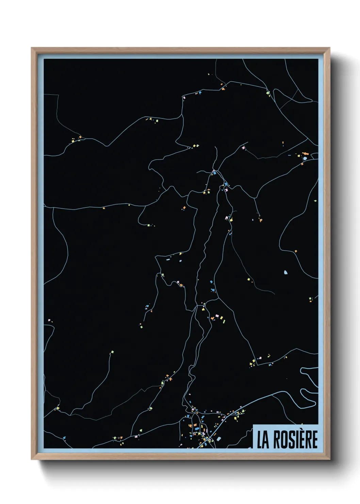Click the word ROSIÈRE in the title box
(293, 439)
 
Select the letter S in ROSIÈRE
(290, 439)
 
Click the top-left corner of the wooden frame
(32, 48)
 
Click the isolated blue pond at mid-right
(285, 272)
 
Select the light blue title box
(286, 437)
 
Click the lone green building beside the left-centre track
(112, 352)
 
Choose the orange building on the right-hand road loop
(295, 251)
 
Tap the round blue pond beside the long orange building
(305, 158)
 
